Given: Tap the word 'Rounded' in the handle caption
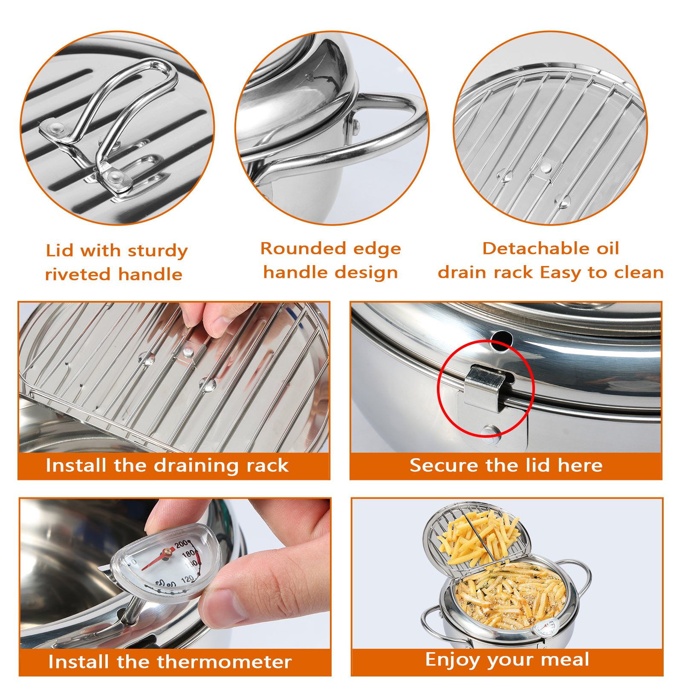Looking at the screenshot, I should point(303,249).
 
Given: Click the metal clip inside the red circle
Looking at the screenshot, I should point(485,388).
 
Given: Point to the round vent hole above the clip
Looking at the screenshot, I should point(501,340).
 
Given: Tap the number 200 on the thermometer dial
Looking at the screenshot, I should point(182,544).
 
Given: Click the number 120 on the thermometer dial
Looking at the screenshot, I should point(188,579).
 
